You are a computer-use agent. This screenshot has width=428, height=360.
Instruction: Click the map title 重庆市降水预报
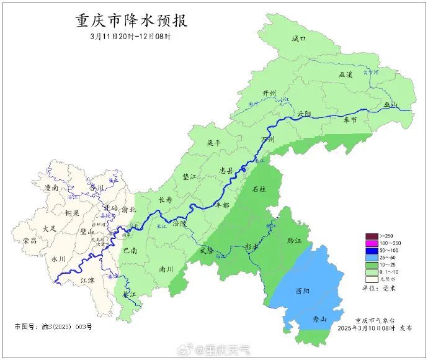point(132,21)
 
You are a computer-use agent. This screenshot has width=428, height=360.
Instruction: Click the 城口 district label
point(299,39)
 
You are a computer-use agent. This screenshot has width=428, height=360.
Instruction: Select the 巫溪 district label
point(346,74)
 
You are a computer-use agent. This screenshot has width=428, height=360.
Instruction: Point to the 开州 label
point(269,93)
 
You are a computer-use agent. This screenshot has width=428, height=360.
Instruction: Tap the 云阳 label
point(304,114)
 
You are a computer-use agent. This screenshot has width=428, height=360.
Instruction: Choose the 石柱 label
point(259,189)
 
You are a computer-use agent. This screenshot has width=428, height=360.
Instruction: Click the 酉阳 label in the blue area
point(303,290)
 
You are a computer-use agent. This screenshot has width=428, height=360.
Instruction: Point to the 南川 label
point(166,269)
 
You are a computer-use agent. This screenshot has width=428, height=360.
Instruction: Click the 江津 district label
point(88,281)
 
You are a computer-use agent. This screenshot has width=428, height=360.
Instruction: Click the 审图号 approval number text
point(53,326)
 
